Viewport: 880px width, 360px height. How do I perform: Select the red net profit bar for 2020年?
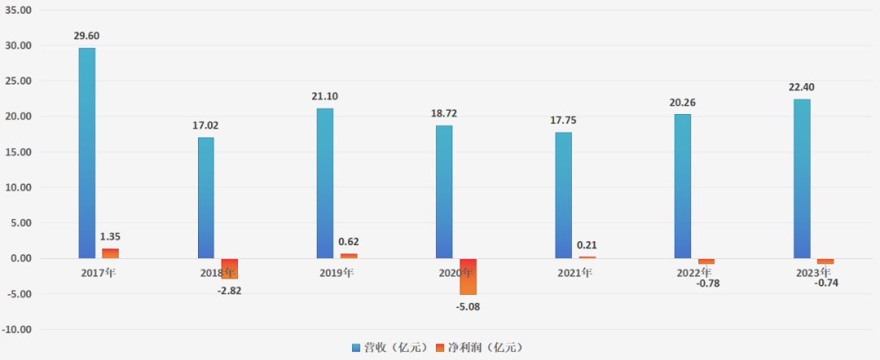pyautogui.click(x=468, y=276)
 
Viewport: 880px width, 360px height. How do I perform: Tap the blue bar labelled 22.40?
pyautogui.click(x=802, y=179)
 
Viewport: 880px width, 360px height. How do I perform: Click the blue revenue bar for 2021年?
pyautogui.click(x=563, y=195)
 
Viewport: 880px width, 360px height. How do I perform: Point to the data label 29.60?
pyautogui.click(x=89, y=36)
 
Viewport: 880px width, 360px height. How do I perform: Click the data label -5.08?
pyautogui.click(x=469, y=306)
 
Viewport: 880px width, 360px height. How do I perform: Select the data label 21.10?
pyautogui.click(x=325, y=96)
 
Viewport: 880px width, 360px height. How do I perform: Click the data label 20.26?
pyautogui.click(x=684, y=103)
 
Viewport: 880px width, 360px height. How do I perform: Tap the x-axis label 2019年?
pyautogui.click(x=337, y=272)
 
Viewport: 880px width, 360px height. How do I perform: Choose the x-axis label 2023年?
pyautogui.click(x=813, y=272)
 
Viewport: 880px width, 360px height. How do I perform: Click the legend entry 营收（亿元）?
pyautogui.click(x=389, y=348)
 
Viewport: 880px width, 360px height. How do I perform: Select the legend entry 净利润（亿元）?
pyautogui.click(x=480, y=348)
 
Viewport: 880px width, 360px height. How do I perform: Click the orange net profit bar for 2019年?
pyautogui.click(x=349, y=256)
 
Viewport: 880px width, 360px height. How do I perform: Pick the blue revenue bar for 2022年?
pyautogui.click(x=682, y=187)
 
